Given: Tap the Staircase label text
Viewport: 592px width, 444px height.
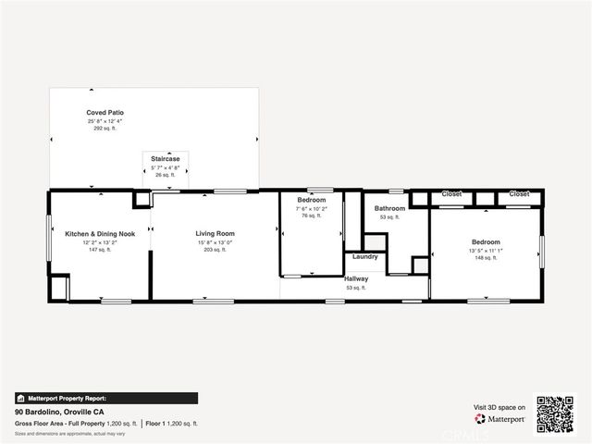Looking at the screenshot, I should (166, 159).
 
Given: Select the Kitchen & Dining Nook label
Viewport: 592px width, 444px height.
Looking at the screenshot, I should (100, 234).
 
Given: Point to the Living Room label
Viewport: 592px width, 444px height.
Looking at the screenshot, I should (215, 234).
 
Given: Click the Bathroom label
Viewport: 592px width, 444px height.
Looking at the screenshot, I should (389, 208).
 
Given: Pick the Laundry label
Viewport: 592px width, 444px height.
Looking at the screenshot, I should (364, 256).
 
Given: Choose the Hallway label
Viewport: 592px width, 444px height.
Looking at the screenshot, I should (356, 278).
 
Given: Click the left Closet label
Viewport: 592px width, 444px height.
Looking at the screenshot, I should (451, 194).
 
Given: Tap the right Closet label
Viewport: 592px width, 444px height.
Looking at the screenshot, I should (519, 194).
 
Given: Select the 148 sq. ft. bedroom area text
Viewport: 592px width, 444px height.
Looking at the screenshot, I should (486, 258).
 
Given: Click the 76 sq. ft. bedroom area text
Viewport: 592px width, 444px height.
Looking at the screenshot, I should (311, 216).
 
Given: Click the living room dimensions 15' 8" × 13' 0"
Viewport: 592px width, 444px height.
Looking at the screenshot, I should (215, 241).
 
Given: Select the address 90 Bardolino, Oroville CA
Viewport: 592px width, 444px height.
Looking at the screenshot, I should (59, 412).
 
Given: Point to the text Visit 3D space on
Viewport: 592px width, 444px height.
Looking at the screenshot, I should (499, 407).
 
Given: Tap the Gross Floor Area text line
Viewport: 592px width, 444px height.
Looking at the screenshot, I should (76, 422).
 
